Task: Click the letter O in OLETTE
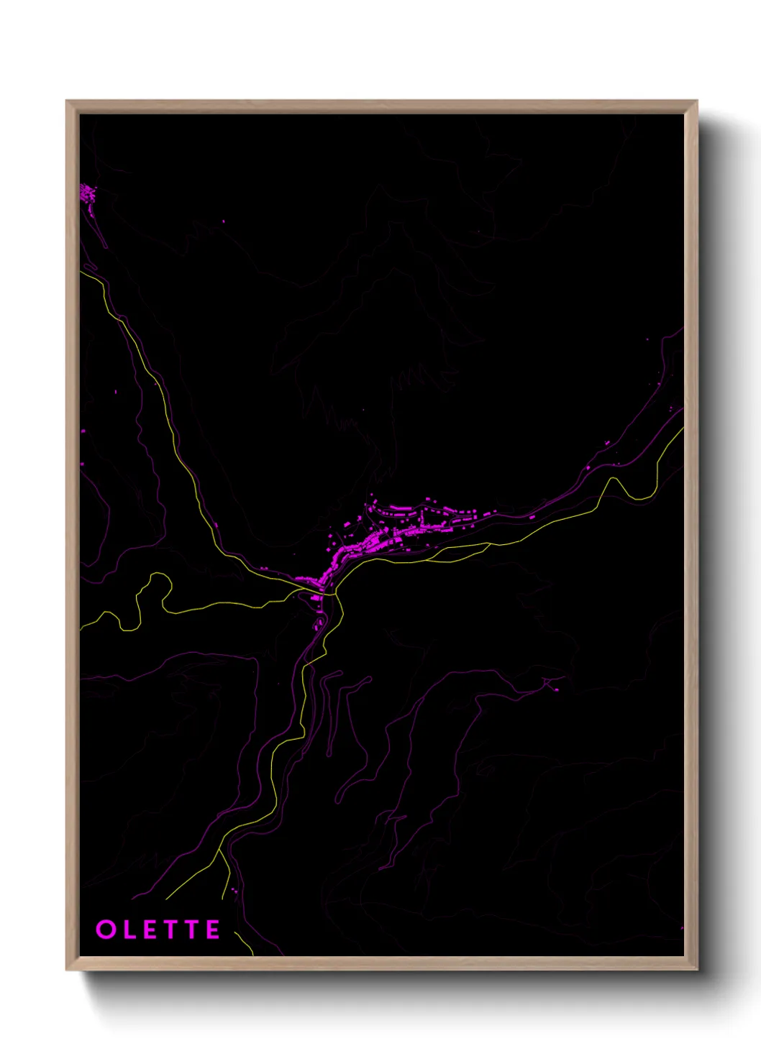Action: [x=106, y=930]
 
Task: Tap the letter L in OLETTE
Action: [x=129, y=930]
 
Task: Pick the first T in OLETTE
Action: [x=172, y=930]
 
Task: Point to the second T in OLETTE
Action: [x=193, y=930]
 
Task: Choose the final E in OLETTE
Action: [x=214, y=930]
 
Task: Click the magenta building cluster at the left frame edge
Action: [x=88, y=193]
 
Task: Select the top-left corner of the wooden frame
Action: [x=67, y=101]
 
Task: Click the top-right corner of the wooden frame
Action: [x=697, y=101]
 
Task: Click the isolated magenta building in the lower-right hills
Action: [x=556, y=689]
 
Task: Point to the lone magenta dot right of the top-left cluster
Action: [x=223, y=221]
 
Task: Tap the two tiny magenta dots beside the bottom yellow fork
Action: [x=233, y=891]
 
